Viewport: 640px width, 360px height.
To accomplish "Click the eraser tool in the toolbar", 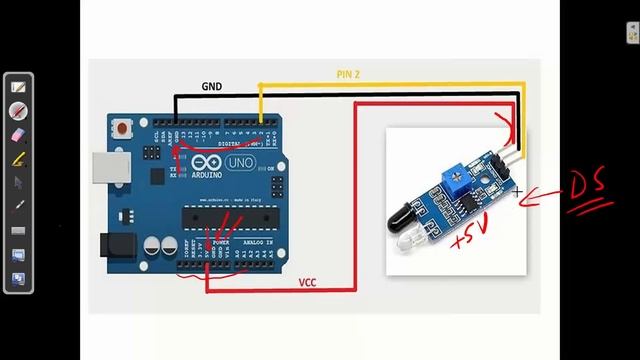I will click(18, 134).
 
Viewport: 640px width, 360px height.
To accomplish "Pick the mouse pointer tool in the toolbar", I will click(18, 182).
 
